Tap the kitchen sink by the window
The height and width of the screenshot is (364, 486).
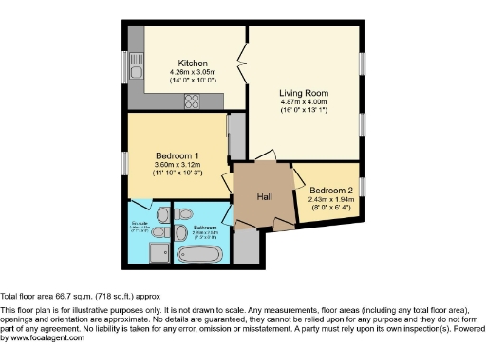(136, 70)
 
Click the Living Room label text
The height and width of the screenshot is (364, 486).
(303, 93)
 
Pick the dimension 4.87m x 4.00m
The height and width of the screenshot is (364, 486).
(303, 102)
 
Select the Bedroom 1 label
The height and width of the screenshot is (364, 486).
(177, 155)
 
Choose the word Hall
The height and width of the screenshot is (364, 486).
(266, 198)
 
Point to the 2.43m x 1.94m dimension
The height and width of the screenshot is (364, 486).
(331, 199)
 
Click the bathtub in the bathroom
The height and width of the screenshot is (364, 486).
(201, 253)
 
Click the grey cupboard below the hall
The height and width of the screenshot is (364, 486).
(246, 245)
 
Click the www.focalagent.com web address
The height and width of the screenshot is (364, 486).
(44, 337)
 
